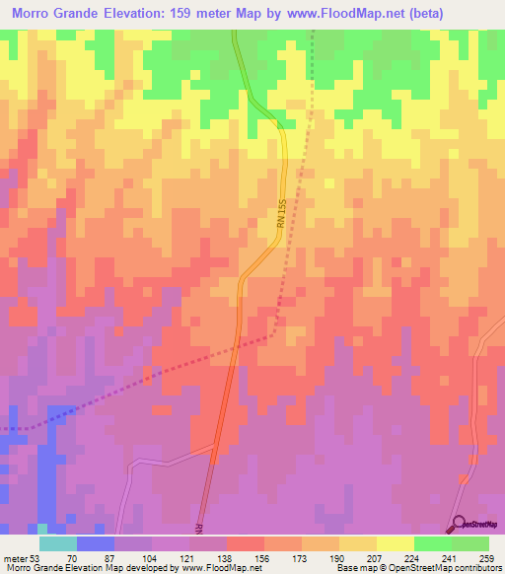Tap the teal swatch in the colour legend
pos(58,543)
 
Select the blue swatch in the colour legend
pos(96,543)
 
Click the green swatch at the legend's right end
pos(469,543)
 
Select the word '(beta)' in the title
pos(417,14)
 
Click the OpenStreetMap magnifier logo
pos(460,525)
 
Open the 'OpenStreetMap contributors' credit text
pos(443,568)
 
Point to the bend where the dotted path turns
pos(272,337)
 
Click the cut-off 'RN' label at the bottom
pos(197,528)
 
